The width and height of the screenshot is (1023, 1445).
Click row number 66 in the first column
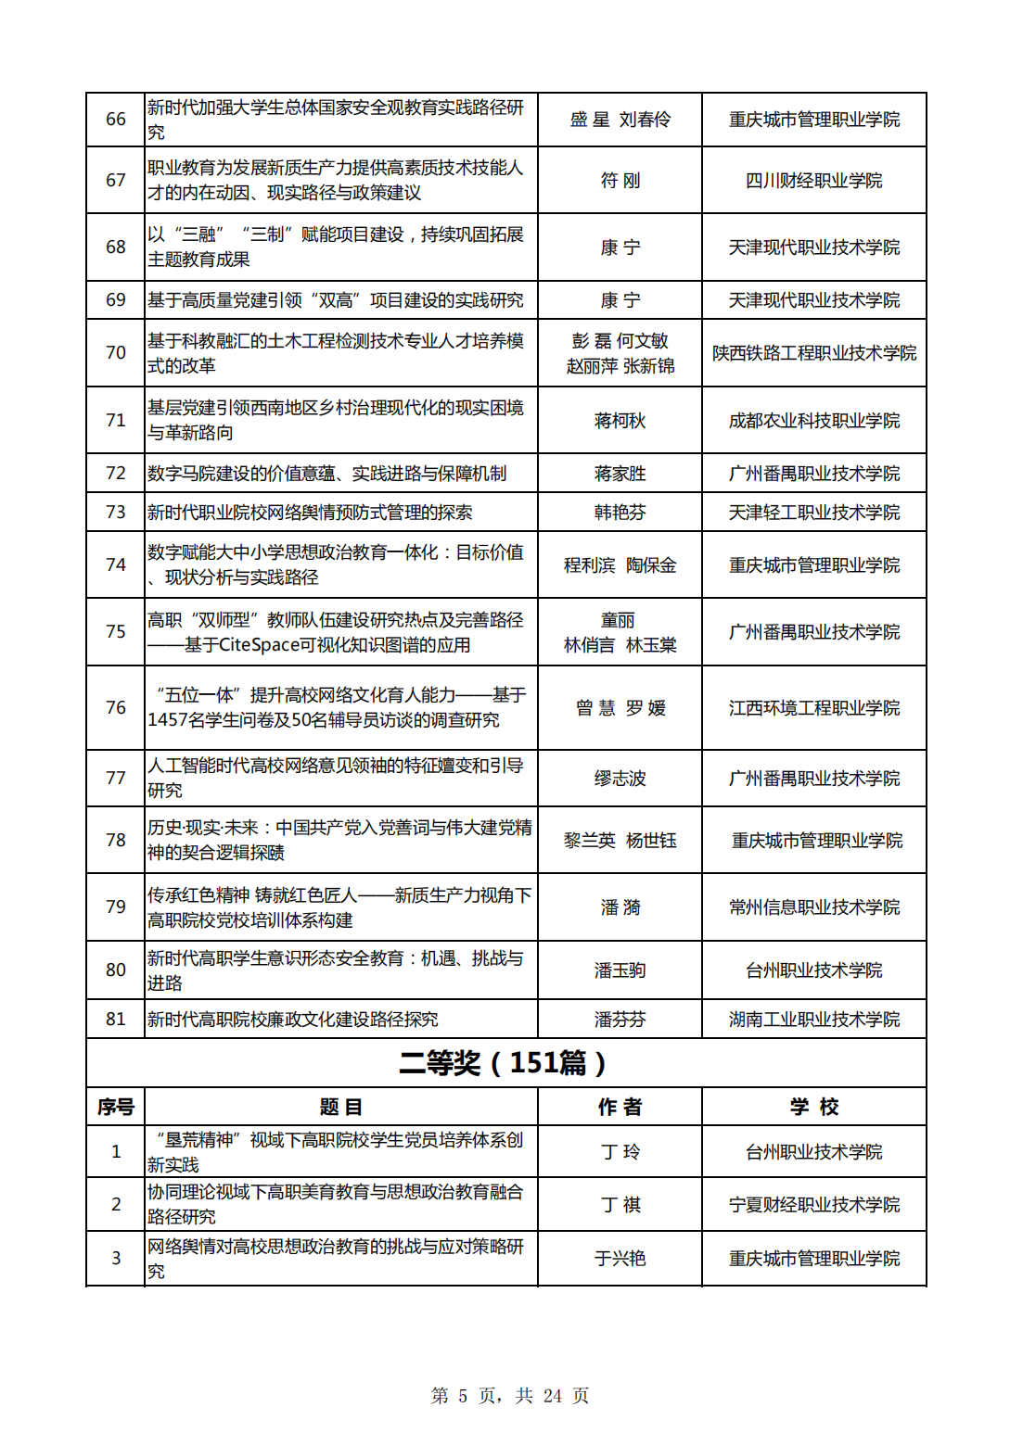click(116, 120)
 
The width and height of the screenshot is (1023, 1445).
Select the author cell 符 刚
click(620, 181)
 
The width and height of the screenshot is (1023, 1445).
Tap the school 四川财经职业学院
click(813, 181)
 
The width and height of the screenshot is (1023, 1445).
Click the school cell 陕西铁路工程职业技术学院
click(813, 353)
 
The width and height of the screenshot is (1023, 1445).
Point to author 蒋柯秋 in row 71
click(620, 421)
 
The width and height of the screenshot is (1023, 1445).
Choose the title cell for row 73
click(310, 513)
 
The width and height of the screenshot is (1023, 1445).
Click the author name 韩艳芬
click(620, 513)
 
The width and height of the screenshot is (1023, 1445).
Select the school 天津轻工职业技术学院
click(813, 513)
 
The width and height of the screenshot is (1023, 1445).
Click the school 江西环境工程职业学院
click(813, 708)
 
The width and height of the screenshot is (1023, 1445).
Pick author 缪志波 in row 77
click(620, 779)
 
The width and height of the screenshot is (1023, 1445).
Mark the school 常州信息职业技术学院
click(813, 907)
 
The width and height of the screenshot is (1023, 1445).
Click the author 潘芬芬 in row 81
click(620, 1020)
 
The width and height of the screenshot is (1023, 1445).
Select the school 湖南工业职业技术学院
click(813, 1020)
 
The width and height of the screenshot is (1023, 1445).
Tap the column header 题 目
click(340, 1107)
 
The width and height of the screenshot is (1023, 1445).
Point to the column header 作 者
click(620, 1107)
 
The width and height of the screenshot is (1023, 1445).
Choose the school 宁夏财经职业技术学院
click(813, 1205)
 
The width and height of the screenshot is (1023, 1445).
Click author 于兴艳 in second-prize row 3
click(620, 1259)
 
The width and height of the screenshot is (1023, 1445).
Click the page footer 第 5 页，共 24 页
click(510, 1396)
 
